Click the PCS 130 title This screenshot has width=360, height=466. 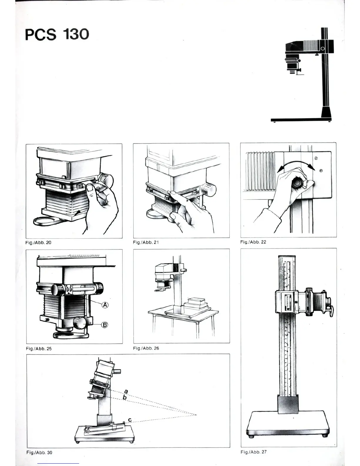[x=57, y=34]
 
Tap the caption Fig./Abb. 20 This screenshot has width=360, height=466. [x=38, y=242]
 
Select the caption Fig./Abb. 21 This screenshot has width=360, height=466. [x=146, y=242]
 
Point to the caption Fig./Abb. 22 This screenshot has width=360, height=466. [x=253, y=242]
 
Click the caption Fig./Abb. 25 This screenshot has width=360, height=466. [x=39, y=348]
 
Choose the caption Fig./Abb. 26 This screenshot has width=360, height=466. [x=146, y=348]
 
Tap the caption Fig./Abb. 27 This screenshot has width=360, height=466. [x=253, y=452]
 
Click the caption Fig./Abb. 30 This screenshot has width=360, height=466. [x=39, y=452]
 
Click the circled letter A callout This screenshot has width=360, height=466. [x=105, y=305]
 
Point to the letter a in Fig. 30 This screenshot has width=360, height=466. [x=126, y=391]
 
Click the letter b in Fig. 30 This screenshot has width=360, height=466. [x=125, y=398]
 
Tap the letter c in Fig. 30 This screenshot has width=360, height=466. [x=130, y=420]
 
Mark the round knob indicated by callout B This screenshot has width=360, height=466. [x=80, y=323]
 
